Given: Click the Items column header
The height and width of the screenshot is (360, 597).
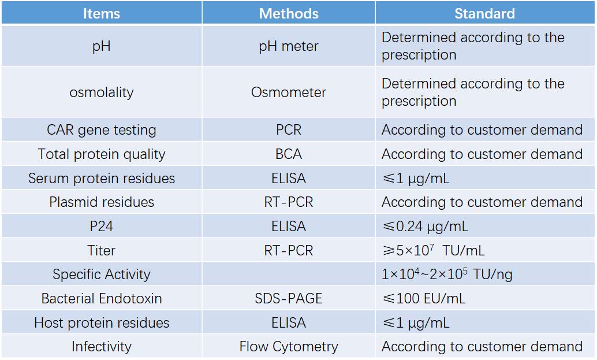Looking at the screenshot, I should [x=102, y=13].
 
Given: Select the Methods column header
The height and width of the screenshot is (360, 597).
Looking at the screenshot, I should [x=289, y=13].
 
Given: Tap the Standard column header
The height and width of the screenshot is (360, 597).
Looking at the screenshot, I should [x=484, y=13].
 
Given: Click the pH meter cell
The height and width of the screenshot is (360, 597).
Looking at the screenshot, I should [x=289, y=46].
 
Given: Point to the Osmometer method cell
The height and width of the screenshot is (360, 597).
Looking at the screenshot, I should [x=289, y=92].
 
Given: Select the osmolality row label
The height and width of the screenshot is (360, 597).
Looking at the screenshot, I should [x=102, y=92].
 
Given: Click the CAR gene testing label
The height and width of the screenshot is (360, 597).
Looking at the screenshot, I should [x=102, y=130].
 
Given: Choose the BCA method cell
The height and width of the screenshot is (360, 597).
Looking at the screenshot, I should [x=289, y=154].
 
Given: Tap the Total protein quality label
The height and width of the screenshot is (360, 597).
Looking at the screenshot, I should [x=102, y=154].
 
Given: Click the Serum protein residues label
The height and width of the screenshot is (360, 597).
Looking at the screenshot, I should [x=102, y=179].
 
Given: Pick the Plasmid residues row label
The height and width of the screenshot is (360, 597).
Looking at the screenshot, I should [x=102, y=202].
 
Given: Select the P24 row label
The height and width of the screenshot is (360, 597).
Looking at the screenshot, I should [x=102, y=227].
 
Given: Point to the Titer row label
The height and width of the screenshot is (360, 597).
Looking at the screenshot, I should [x=102, y=251].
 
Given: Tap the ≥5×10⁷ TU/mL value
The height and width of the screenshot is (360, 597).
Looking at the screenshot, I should [x=433, y=251].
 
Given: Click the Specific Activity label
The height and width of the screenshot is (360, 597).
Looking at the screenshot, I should [x=102, y=274].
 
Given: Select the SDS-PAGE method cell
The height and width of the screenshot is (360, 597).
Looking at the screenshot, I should [x=289, y=299].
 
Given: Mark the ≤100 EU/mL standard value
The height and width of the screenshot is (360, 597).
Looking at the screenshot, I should [x=423, y=299].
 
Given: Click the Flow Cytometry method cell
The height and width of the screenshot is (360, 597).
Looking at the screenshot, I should [x=289, y=347].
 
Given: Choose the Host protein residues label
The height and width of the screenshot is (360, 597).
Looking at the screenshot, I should [x=102, y=323].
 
